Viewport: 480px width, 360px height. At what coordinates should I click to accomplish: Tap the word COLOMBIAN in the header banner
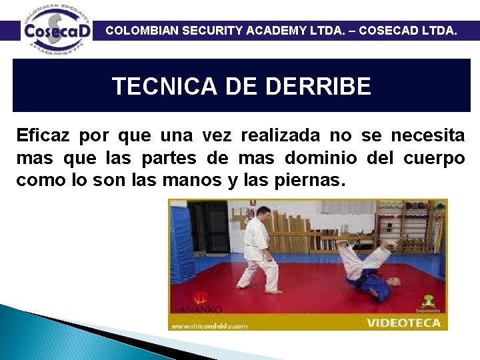[140, 30]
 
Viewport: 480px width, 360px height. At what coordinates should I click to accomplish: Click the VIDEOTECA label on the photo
[404, 323]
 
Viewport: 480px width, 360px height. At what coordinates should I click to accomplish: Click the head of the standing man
[262, 213]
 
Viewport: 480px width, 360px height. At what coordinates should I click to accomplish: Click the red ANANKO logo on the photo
[198, 302]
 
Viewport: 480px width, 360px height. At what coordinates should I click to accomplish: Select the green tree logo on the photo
[428, 301]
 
